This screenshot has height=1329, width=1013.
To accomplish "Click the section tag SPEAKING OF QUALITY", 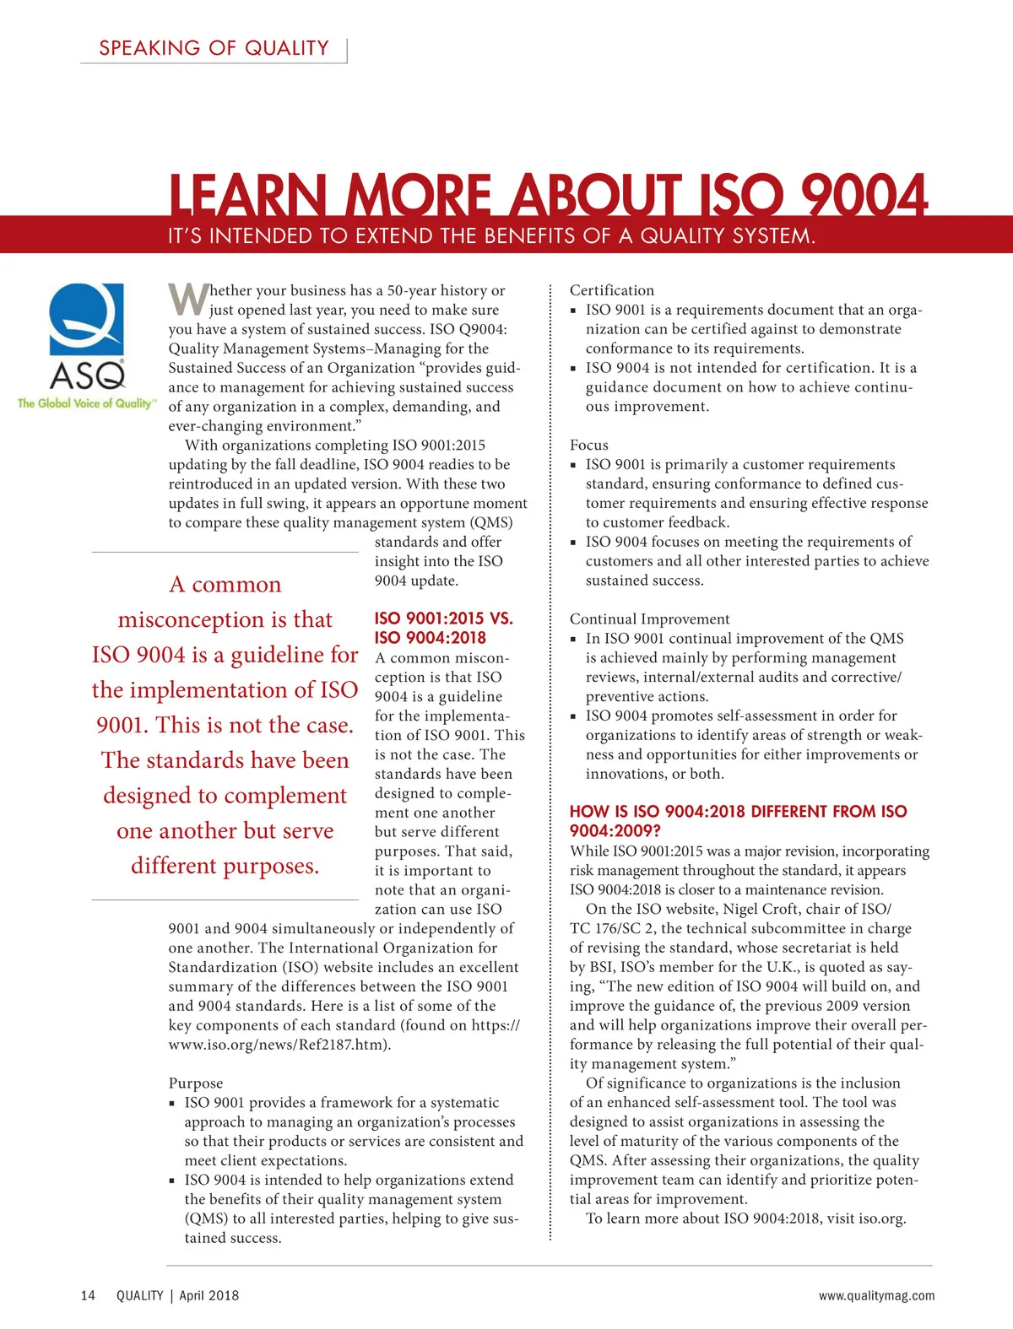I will pyautogui.click(x=214, y=48).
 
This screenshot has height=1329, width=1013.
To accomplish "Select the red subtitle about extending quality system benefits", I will pyautogui.click(x=491, y=236).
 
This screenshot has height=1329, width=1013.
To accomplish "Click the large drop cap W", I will pyautogui.click(x=187, y=300).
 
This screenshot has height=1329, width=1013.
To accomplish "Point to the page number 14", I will pyautogui.click(x=88, y=1295).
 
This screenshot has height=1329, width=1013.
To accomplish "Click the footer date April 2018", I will pyautogui.click(x=209, y=1295).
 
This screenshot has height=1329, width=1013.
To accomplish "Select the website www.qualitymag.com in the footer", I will pyautogui.click(x=876, y=1295).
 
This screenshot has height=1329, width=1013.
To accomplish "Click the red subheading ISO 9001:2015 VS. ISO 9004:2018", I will pyautogui.click(x=443, y=628).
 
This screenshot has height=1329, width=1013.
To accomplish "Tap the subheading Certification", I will pyautogui.click(x=611, y=290).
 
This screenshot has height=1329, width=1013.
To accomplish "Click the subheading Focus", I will pyautogui.click(x=588, y=445).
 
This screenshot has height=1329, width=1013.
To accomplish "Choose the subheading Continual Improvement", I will pyautogui.click(x=649, y=619).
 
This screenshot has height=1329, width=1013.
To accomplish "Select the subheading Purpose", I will pyautogui.click(x=195, y=1083).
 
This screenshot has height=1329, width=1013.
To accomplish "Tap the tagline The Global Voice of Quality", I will pyautogui.click(x=85, y=403).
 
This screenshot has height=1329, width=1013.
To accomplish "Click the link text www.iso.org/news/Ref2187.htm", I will pyautogui.click(x=279, y=1044).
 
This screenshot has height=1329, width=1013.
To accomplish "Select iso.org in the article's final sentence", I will pyautogui.click(x=881, y=1218).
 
